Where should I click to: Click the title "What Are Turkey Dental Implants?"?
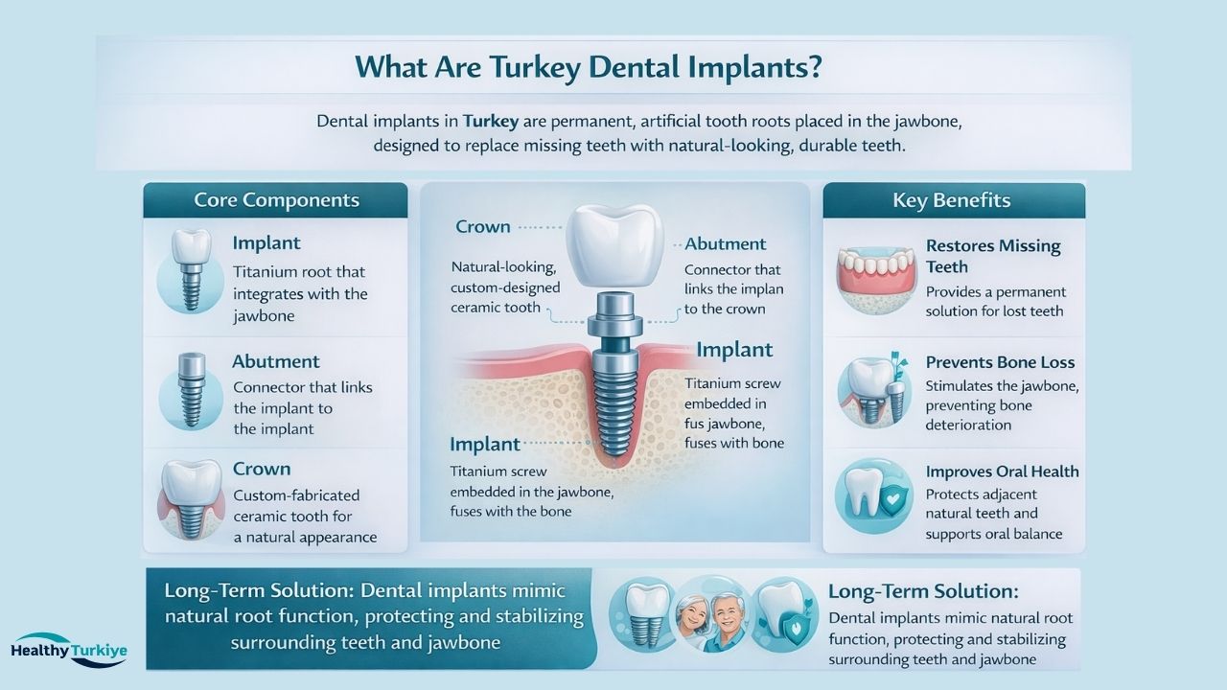(589, 67)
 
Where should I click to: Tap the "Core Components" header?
(276, 200)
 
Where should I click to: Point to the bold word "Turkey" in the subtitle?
(493, 123)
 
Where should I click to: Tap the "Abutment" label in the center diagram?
(725, 244)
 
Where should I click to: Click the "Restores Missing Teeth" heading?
(993, 256)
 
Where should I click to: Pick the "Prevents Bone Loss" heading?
(1000, 362)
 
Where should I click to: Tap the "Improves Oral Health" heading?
(1002, 471)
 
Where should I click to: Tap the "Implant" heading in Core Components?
(266, 243)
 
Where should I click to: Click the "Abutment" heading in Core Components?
(275, 362)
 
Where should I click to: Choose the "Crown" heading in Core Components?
(261, 470)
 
